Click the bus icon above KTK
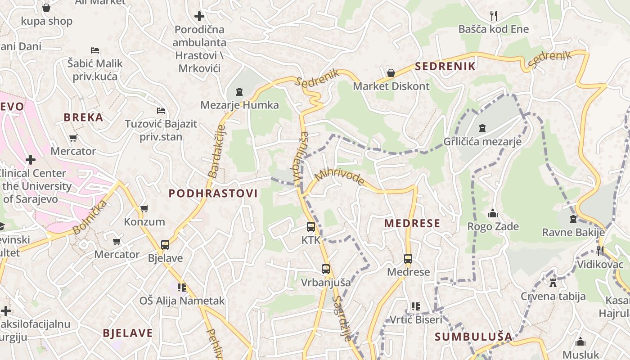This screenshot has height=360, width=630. coord(310,227)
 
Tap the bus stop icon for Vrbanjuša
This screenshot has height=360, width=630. coord(326,270)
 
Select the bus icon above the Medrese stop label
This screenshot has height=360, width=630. coord(408,259)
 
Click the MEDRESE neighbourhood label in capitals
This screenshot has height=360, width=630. coord(412,224)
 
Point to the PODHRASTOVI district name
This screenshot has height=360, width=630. coord(213,193)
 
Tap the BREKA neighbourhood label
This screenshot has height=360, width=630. coord(83,117)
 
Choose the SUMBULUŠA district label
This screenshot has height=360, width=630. coord(473,337)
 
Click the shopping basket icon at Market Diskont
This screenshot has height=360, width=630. coord(391,73)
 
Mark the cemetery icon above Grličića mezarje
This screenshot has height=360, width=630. coord(482,129)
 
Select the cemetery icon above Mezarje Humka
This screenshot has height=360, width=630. coord(239,92)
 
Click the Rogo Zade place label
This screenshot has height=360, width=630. coord(493,226)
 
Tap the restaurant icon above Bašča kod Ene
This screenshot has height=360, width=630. coord(494,16)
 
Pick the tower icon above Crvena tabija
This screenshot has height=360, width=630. coord(553,283)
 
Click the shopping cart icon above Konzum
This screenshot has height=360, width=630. coord(144,208)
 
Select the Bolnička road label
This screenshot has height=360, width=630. coord(90,217)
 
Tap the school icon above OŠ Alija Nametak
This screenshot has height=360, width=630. coord(182,287)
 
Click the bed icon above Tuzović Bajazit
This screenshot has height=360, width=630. coord(161,111)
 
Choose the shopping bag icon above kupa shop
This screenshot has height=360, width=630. coord(46,8)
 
